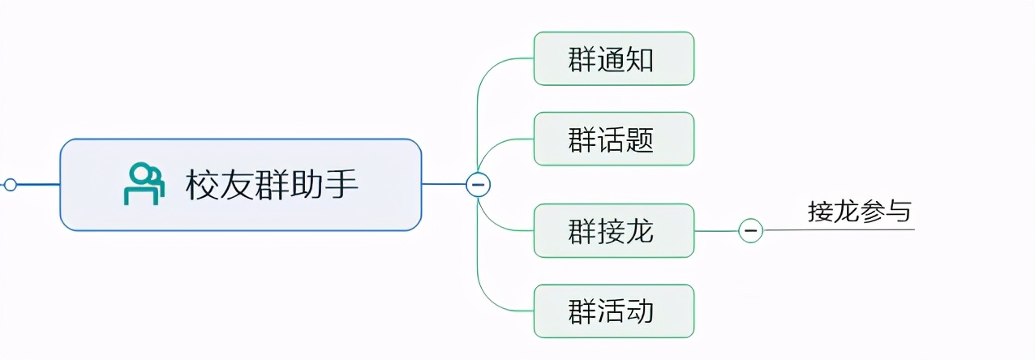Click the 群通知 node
click(x=613, y=58)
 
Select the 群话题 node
click(x=613, y=139)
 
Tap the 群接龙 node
click(x=613, y=231)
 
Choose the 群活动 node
click(x=613, y=311)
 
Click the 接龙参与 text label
click(x=859, y=212)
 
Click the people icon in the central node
click(x=144, y=184)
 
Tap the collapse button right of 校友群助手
click(x=478, y=185)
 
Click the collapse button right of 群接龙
click(x=750, y=231)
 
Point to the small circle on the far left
click(x=10, y=185)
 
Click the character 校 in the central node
click(x=201, y=185)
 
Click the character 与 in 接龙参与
click(x=899, y=212)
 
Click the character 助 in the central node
click(x=307, y=185)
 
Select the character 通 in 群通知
click(x=612, y=59)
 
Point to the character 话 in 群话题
click(x=612, y=139)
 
